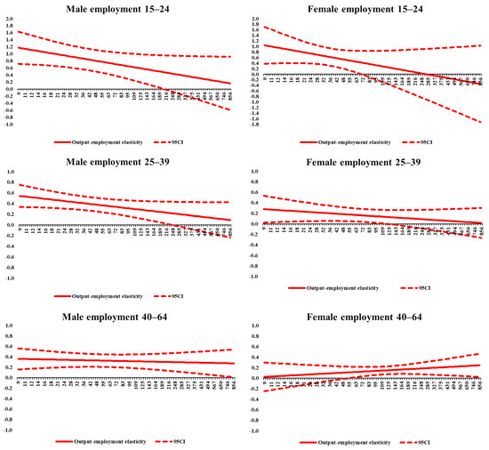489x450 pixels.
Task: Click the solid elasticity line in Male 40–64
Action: click(133, 360)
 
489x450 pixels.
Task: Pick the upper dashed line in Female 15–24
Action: click(356, 51)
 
